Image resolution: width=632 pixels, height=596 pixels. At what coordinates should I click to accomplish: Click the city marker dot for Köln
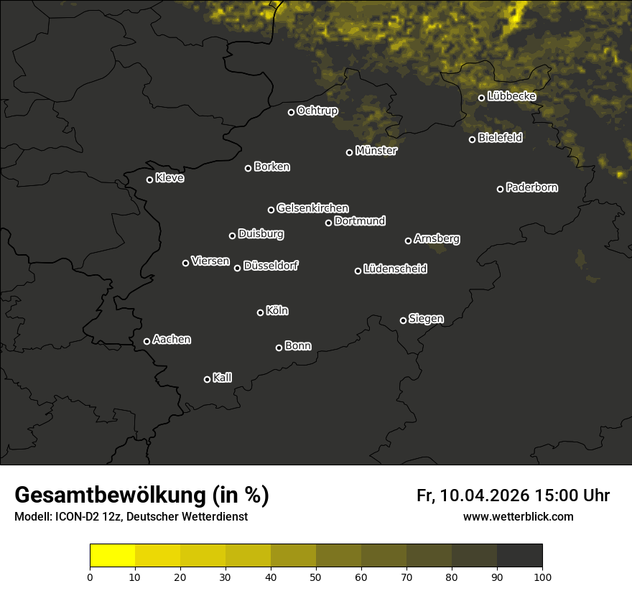pos(260,312)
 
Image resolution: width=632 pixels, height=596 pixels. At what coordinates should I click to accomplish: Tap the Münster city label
pos(376,151)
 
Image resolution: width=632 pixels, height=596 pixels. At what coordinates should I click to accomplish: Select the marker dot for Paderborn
pos(500,189)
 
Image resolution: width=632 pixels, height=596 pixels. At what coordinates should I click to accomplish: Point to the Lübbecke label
pos(511,96)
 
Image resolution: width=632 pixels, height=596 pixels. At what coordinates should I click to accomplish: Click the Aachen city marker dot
pos(147,341)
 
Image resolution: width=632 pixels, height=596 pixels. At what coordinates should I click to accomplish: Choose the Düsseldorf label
pos(271,266)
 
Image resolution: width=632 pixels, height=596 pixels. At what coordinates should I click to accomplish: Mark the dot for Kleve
pos(149,180)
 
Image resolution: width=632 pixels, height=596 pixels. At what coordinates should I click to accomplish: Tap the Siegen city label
pos(426,319)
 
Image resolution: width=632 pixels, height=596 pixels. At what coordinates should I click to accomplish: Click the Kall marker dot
pos(207,379)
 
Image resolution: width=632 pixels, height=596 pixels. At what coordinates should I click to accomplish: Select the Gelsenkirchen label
pos(312,208)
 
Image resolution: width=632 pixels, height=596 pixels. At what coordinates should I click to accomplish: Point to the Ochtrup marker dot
pos(291,112)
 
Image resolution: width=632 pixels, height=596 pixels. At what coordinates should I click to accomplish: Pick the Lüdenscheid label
pos(395,269)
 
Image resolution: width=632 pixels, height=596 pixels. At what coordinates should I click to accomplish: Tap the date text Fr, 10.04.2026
pos(473,495)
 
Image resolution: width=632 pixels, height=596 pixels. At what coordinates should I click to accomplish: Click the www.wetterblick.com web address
pos(518,516)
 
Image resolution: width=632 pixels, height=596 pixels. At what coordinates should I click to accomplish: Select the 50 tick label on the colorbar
pos(316,576)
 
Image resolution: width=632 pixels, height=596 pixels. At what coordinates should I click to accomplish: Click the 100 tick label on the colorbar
pos(542,576)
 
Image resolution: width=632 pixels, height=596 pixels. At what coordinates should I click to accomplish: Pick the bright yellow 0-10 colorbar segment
pos(112,556)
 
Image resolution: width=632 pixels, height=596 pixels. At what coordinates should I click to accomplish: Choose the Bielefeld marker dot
pos(472,139)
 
